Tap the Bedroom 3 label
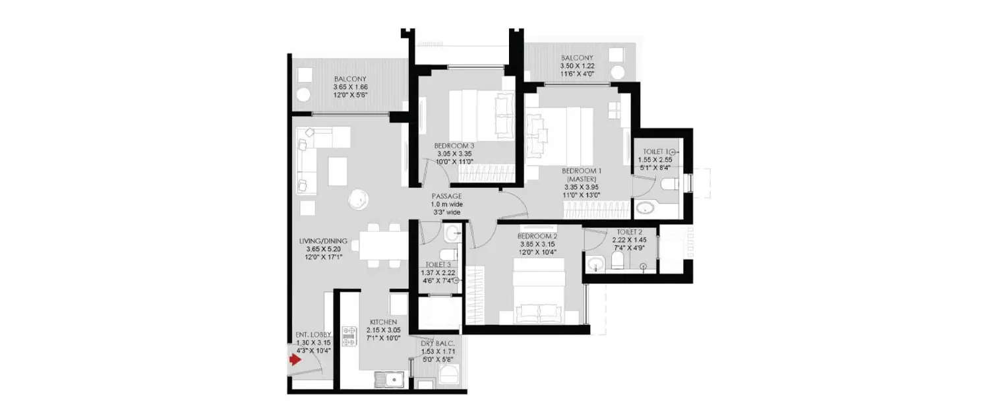pyautogui.click(x=454, y=146)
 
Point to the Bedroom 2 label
pyautogui.click(x=537, y=236)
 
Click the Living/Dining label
pyautogui.click(x=322, y=241)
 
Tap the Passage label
pyautogui.click(x=446, y=196)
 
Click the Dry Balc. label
pyautogui.click(x=438, y=343)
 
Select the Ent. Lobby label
pyautogui.click(x=313, y=335)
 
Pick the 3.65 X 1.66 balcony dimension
pyautogui.click(x=349, y=87)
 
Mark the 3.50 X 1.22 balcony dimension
pyautogui.click(x=577, y=67)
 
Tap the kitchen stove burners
pyautogui.click(x=349, y=337)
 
